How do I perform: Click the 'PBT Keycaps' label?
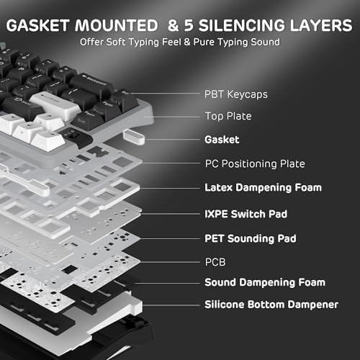click(236, 94)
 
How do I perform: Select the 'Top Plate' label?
click(228, 117)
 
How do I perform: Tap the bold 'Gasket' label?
click(222, 140)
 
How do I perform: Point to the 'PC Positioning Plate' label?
click(255, 164)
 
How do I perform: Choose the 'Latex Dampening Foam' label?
click(263, 188)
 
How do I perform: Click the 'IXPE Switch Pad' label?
click(246, 214)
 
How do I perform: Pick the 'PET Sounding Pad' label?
click(251, 239)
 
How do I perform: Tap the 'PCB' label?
click(215, 262)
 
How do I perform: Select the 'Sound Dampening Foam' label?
click(265, 282)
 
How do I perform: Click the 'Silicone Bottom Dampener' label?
click(271, 305)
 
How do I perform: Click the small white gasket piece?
click(134, 138)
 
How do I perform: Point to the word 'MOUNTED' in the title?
click(117, 25)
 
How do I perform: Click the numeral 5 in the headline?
click(189, 25)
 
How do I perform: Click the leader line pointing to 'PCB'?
click(170, 262)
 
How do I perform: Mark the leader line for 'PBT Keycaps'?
click(165, 93)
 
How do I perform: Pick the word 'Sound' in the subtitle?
click(265, 42)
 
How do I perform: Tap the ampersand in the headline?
click(174, 25)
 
